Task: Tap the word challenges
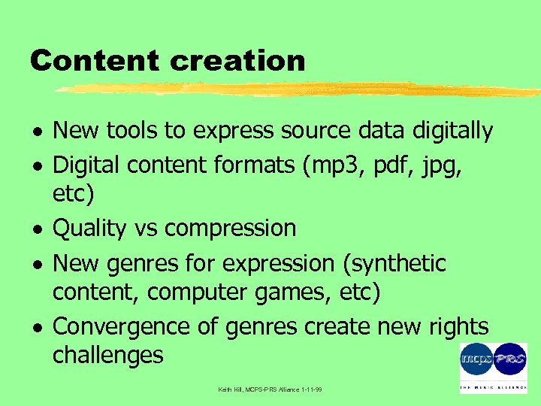tap(107, 355)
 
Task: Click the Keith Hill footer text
tap(270, 389)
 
